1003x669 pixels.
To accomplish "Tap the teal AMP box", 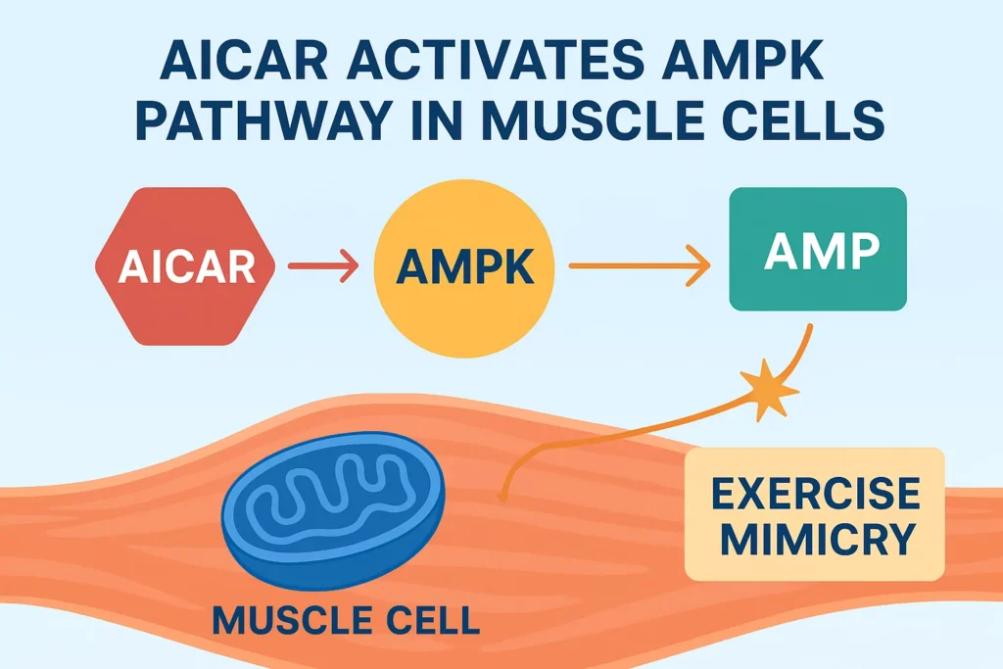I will pyautogui.click(x=819, y=250).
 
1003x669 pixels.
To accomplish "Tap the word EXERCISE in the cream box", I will pyautogui.click(x=815, y=494).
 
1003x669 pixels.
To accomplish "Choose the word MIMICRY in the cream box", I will pyautogui.click(x=815, y=540).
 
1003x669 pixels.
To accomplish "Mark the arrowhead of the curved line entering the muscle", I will pyautogui.click(x=505, y=495).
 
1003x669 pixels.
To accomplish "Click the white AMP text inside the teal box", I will pyautogui.click(x=821, y=253).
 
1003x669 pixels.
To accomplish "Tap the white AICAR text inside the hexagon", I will pyautogui.click(x=186, y=267).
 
